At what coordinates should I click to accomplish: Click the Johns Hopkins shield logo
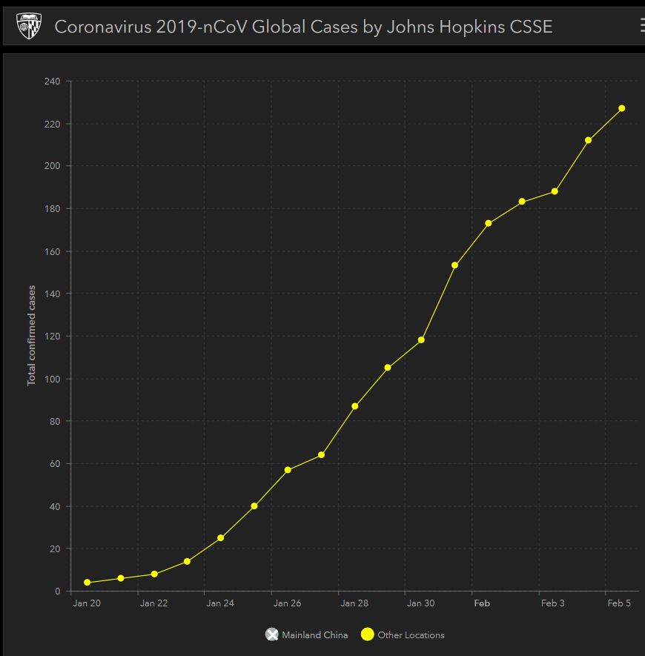click(29, 27)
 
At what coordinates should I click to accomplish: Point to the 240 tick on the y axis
click(53, 81)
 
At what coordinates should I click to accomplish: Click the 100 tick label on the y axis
click(53, 379)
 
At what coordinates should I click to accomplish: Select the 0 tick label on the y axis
click(57, 592)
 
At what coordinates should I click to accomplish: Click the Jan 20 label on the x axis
click(87, 603)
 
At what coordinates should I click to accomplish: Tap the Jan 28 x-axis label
click(354, 603)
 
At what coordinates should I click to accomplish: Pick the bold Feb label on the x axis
click(482, 603)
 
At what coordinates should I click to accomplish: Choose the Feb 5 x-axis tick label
click(618, 603)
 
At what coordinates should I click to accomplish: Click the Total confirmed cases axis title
click(32, 335)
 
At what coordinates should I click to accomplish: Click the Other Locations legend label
click(411, 635)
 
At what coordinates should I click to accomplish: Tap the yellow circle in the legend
click(367, 635)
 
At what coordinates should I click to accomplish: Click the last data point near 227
click(622, 108)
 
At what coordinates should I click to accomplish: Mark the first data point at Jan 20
click(87, 583)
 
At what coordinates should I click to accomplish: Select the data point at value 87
click(354, 406)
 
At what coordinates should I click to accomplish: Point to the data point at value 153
click(454, 265)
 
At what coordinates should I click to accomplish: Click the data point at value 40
click(254, 506)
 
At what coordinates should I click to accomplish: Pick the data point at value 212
click(588, 140)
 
